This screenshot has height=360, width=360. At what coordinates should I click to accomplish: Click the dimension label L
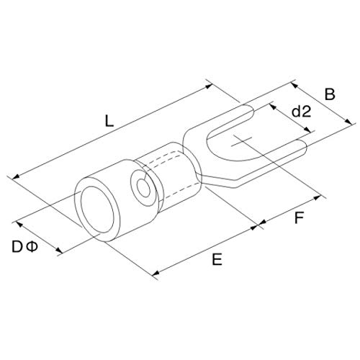(109, 121)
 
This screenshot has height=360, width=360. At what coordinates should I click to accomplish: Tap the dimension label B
(330, 94)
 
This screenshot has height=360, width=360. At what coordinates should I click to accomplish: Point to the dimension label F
(299, 218)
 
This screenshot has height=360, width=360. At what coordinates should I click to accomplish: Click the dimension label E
(217, 259)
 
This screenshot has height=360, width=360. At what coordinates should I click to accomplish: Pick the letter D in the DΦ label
(17, 247)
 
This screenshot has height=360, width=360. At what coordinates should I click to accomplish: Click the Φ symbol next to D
(32, 247)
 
